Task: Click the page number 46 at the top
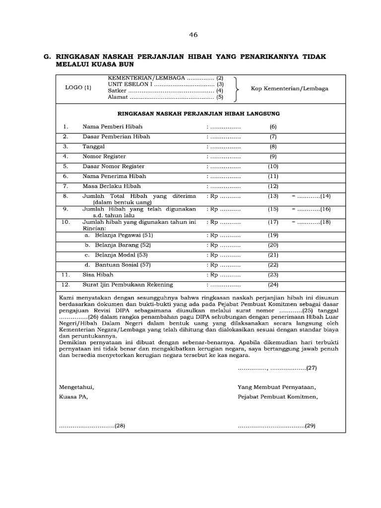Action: [193, 35]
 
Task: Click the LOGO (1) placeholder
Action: [78, 88]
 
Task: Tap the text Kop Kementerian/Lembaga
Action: [289, 89]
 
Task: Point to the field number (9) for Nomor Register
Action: [273, 157]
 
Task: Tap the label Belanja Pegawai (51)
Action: [119, 235]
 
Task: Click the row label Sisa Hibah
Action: [98, 274]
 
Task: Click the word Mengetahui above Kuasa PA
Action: [76, 387]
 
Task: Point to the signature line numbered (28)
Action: [92, 426]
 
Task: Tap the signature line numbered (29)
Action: [276, 426]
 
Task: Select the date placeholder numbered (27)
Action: [277, 368]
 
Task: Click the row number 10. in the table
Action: [66, 222]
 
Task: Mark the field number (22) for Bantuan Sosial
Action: [273, 264]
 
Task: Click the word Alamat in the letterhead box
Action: [117, 97]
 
